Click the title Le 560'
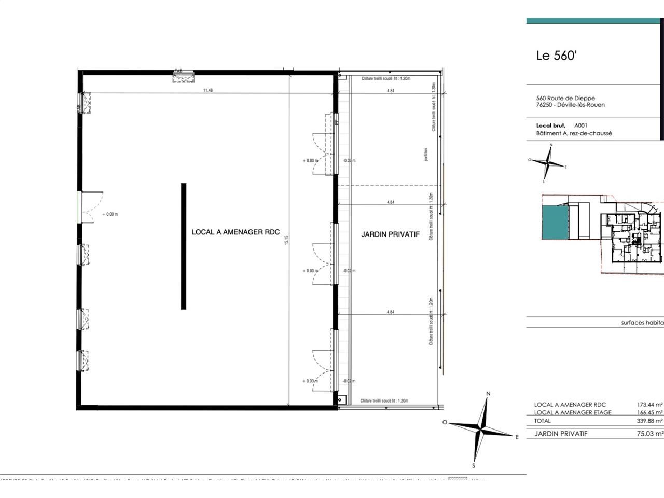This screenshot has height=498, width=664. pos(556,56)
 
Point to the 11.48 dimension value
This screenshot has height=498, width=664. pos(208,90)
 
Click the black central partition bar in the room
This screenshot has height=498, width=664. pos(184,246)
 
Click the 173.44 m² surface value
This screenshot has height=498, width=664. pos(649,405)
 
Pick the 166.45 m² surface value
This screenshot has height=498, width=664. pos(649,413)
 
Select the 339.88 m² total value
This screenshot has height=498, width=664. pos(649,421)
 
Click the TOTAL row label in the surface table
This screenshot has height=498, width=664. pos(543,421)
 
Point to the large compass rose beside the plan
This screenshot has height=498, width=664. pos(482,430)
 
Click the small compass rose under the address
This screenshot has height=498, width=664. pos(547,162)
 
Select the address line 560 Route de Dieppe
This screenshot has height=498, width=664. pos(565,98)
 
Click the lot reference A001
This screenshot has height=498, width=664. pos(581,126)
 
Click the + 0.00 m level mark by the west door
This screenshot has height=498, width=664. pos(110,214)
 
